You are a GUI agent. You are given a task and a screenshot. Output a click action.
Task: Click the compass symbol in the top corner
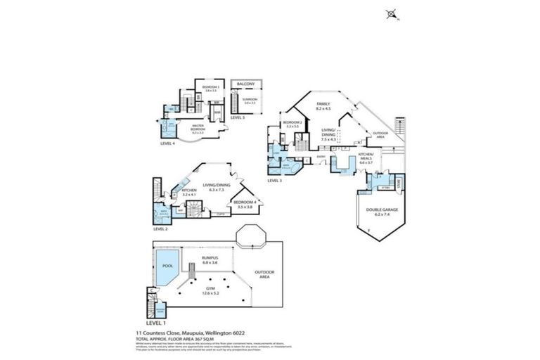390,13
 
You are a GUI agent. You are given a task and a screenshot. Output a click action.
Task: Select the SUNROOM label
250,100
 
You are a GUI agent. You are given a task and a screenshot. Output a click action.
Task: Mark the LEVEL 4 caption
168,143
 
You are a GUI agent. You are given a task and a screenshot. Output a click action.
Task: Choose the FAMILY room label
323,105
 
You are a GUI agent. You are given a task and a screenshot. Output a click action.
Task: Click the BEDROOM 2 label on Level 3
292,124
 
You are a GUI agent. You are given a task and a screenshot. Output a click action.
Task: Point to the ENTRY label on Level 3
321,157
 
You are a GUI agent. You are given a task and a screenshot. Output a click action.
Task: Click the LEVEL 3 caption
275,181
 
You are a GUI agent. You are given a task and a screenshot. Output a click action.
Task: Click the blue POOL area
167,266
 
